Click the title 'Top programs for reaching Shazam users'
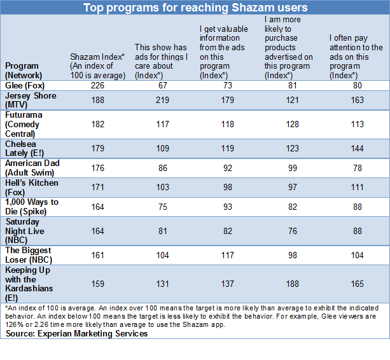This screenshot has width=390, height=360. click(195, 8)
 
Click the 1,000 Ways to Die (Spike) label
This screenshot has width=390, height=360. click(32, 206)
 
